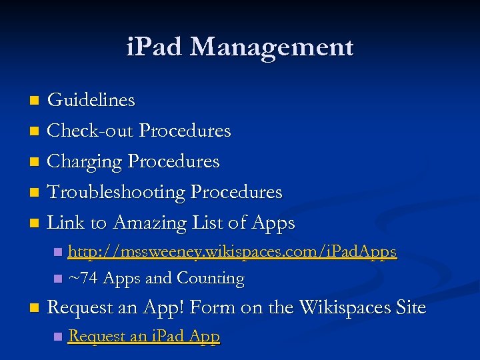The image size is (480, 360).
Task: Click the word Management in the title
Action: [x=271, y=47]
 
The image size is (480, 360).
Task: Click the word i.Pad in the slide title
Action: [x=155, y=47]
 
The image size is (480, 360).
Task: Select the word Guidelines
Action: [x=91, y=101]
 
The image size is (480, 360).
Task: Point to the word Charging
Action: [x=85, y=162]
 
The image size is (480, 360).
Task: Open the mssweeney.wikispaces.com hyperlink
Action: [x=233, y=252]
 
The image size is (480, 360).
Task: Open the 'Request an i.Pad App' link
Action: [x=144, y=336]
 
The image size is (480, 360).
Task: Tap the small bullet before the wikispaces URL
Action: [x=59, y=252]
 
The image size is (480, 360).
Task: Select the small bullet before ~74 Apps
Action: [x=59, y=278]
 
